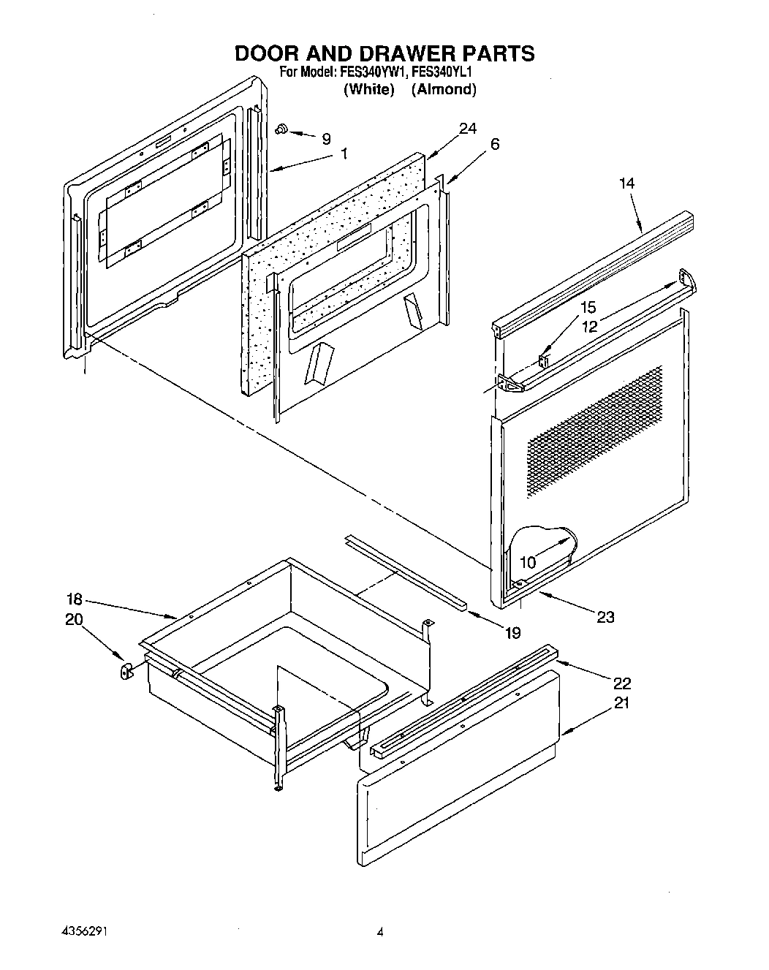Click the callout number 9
click(x=326, y=137)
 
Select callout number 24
click(x=467, y=129)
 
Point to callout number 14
click(x=626, y=183)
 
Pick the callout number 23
click(x=605, y=617)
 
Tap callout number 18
click(x=75, y=600)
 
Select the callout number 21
click(x=621, y=703)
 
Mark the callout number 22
click(x=621, y=683)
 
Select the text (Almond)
click(x=443, y=90)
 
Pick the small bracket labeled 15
click(x=543, y=360)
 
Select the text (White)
click(x=369, y=90)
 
